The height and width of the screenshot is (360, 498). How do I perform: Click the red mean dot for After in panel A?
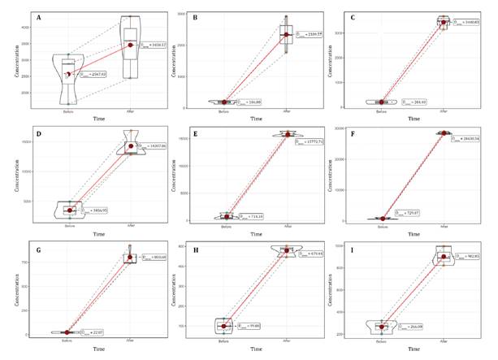(130, 45)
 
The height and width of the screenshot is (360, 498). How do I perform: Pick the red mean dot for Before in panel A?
(68, 74)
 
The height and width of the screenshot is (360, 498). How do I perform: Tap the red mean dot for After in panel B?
(286, 35)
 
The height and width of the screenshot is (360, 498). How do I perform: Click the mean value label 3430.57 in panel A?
(154, 45)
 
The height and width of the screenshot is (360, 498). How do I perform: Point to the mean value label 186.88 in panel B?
(257, 102)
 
